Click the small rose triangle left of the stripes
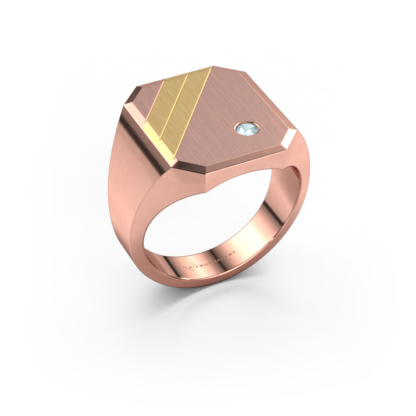(x=151, y=96)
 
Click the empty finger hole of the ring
(x=208, y=229)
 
